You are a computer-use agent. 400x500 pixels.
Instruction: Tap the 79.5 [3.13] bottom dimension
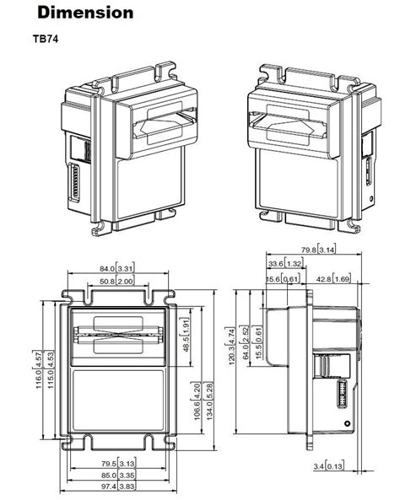[x=119, y=463]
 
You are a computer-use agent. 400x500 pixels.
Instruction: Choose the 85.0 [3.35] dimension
[x=119, y=474]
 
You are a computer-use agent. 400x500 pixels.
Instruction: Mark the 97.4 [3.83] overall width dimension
[x=119, y=486]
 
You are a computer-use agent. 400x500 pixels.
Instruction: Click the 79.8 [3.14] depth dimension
[x=320, y=249]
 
